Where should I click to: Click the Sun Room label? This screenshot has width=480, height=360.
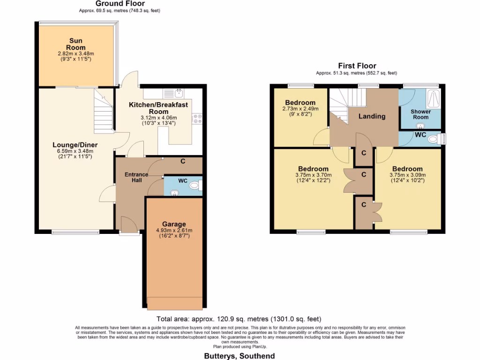pos(75,44)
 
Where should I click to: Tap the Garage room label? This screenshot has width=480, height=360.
pos(174,224)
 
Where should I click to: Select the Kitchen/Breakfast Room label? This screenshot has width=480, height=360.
pos(158,108)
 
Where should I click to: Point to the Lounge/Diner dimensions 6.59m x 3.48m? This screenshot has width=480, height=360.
pos(73,151)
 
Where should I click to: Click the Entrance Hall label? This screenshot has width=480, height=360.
pos(136,178)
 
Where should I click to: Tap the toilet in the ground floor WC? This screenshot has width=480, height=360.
pos(194,186)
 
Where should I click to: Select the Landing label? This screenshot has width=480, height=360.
pos(372,116)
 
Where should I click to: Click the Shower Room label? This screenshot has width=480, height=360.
pos(420,114)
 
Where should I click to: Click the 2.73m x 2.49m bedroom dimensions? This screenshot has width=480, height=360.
pos(300,108)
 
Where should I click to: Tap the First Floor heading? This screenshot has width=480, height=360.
pos(357,66)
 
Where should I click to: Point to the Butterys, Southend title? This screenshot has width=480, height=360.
pos(239,356)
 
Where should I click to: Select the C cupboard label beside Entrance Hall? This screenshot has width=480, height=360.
pos(182,162)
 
